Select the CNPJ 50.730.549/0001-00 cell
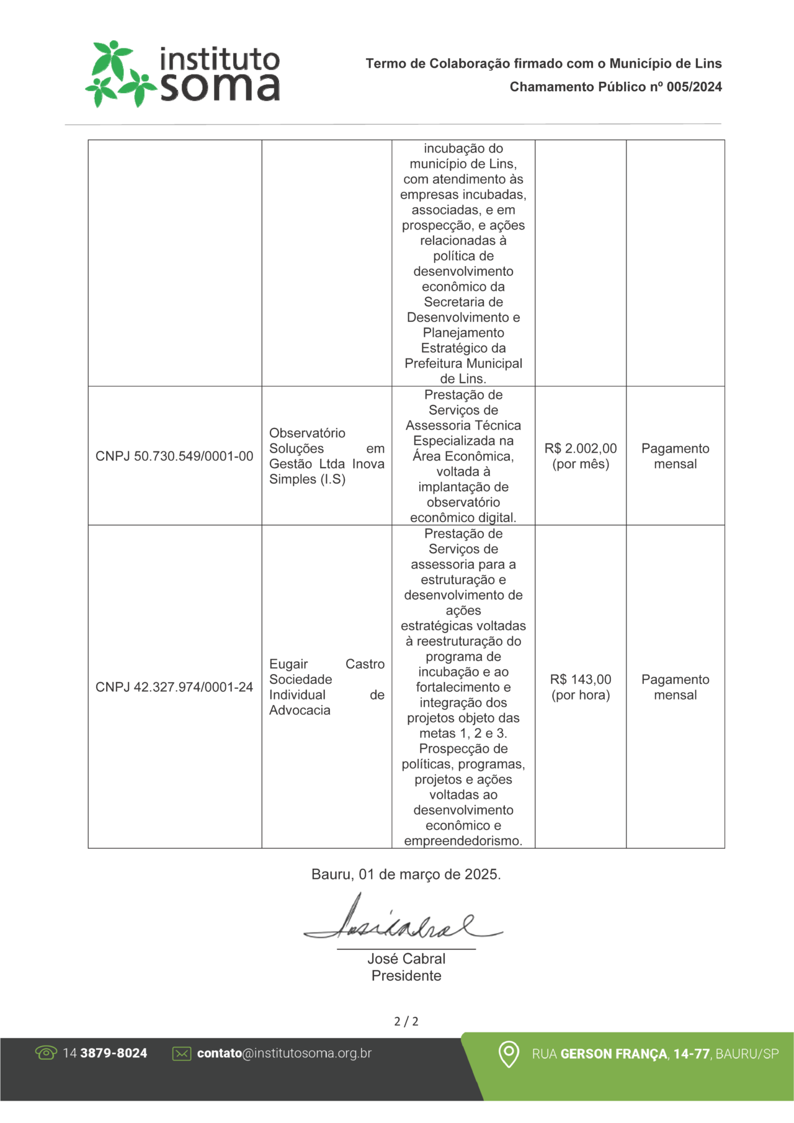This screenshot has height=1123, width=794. coord(174,456)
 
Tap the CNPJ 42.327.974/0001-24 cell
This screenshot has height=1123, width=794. coord(174,687)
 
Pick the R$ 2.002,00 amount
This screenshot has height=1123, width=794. coord(581,448)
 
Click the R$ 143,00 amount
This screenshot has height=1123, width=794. coord(581,680)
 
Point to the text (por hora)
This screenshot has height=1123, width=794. coord(581,695)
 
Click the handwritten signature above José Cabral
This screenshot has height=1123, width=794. coord(403,921)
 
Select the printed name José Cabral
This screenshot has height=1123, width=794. coord(406,959)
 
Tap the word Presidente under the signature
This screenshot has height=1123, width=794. coord(406,975)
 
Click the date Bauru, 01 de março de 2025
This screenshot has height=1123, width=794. coord(406,874)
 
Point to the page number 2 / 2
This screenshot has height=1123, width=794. coord(406,1021)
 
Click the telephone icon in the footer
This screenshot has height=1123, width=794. coord(46,1053)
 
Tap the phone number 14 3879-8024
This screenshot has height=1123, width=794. coord(105,1053)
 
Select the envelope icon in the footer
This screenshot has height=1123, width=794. coord(182,1054)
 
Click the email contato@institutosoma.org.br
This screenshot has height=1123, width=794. coord(284,1053)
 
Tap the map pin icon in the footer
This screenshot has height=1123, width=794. coord(509,1054)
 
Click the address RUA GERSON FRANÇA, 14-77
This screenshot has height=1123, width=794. coord(620,1054)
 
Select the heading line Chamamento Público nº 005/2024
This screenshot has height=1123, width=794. coord(615,87)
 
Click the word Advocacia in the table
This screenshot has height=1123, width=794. coord(300,711)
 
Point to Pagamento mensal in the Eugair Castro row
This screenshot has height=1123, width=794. coord(675,687)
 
